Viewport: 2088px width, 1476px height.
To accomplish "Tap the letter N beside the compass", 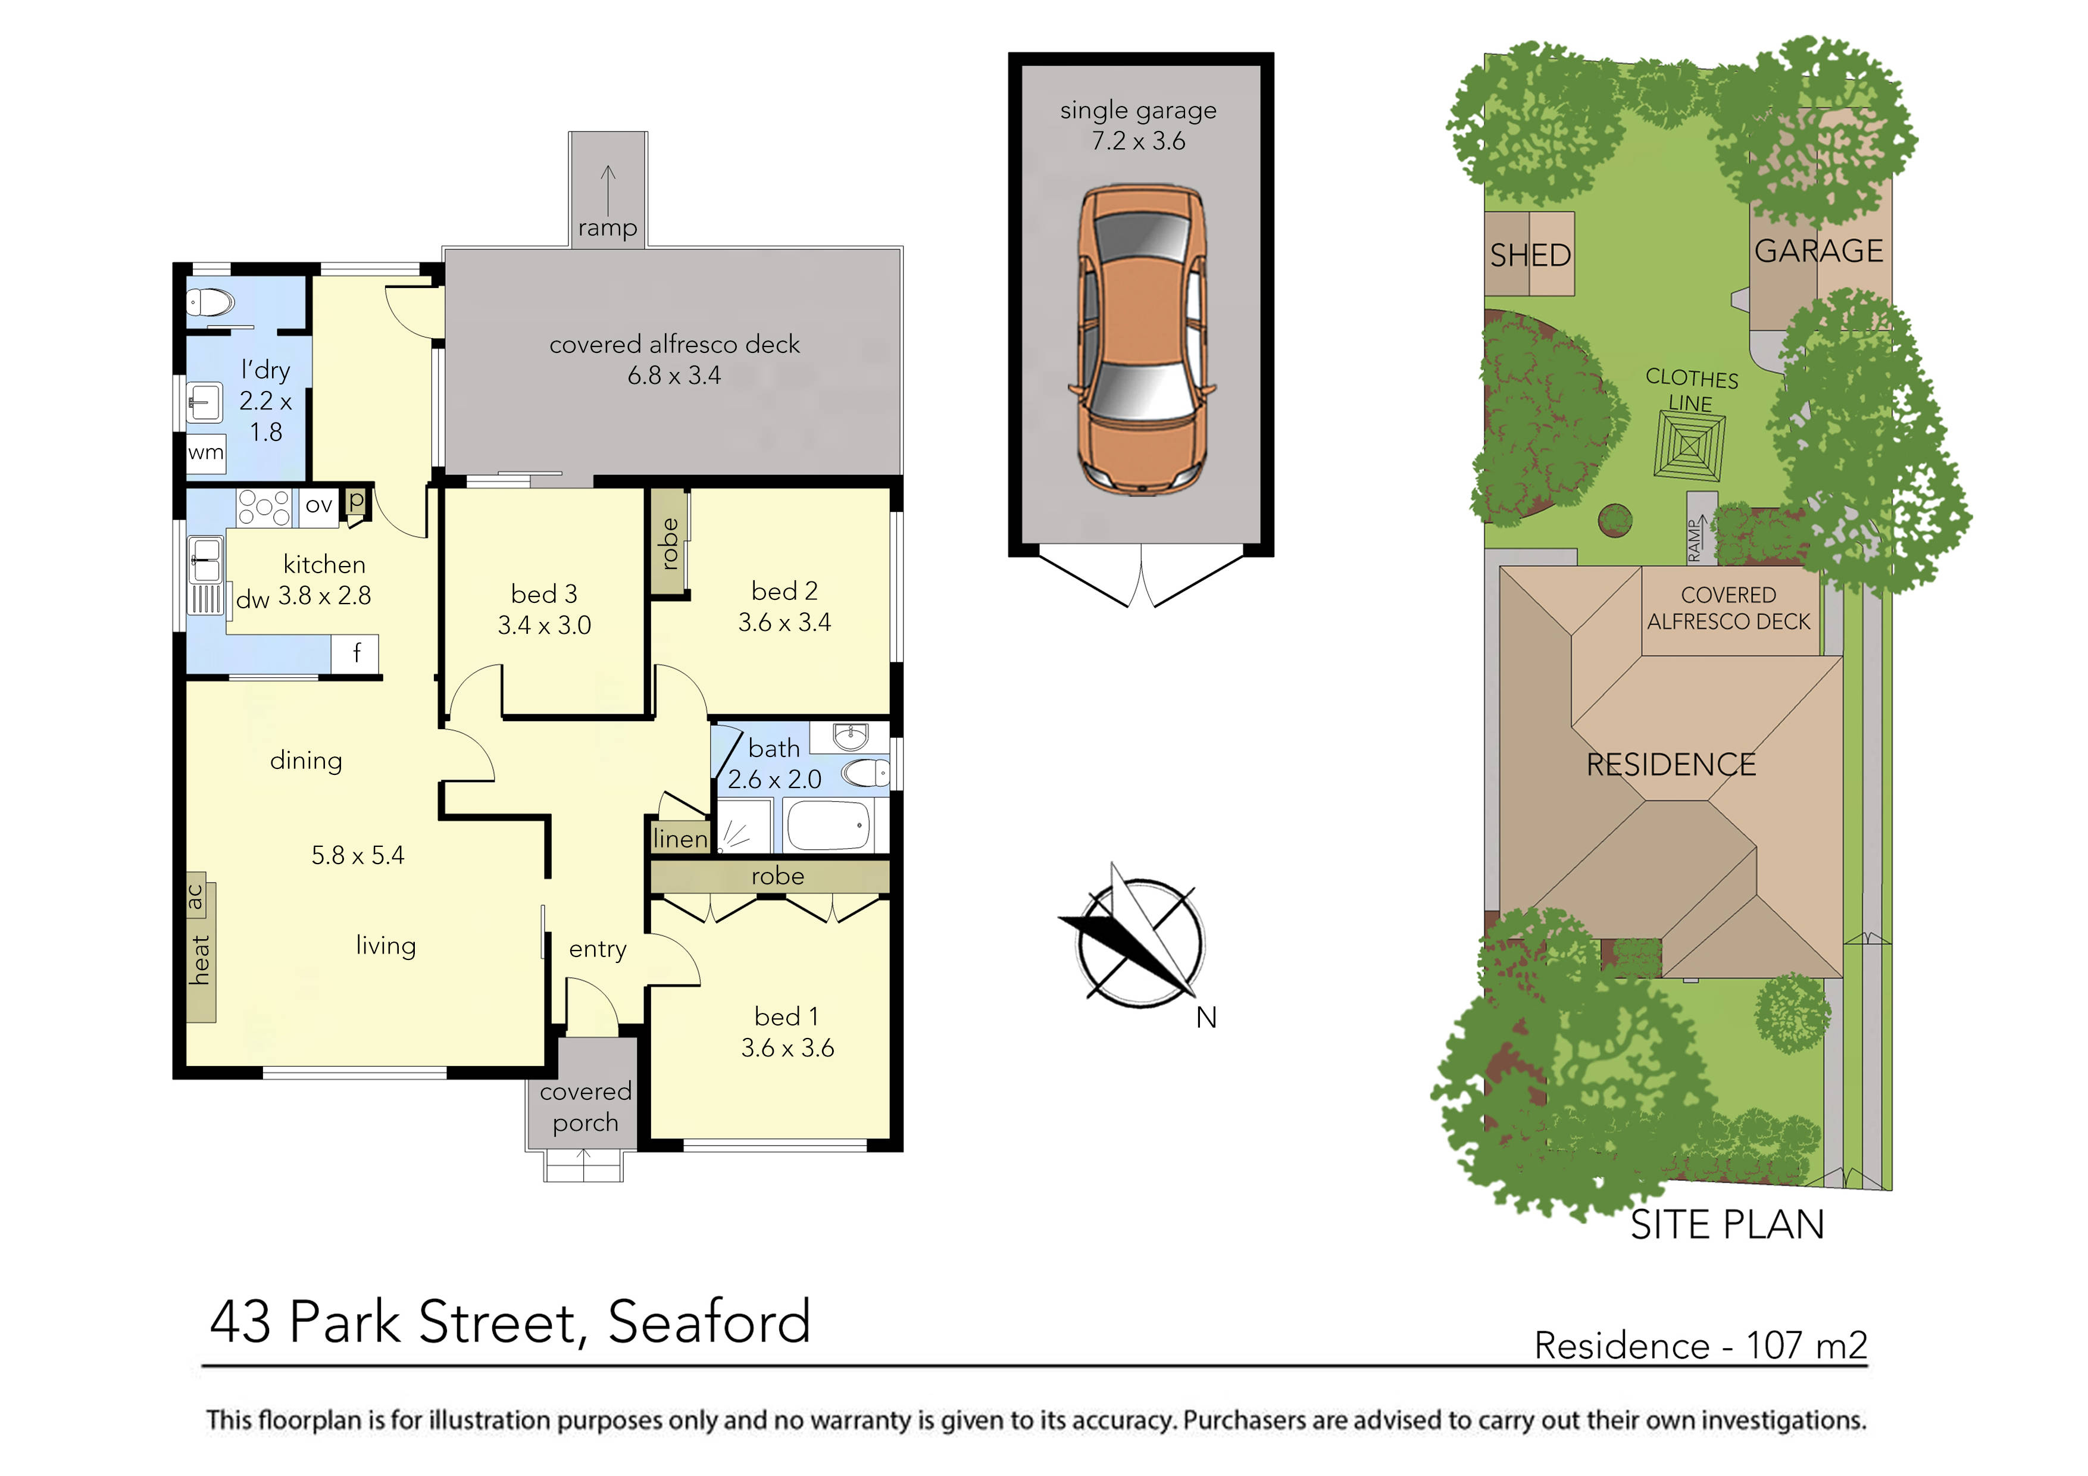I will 1206,1018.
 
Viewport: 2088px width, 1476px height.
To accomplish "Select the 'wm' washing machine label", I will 205,452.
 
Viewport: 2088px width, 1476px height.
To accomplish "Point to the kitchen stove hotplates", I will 264,508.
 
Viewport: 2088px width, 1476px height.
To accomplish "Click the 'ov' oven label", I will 318,506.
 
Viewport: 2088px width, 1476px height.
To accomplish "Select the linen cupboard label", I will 679,839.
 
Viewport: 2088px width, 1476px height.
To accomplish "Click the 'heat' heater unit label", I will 200,959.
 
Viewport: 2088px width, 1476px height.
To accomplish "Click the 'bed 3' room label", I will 544,594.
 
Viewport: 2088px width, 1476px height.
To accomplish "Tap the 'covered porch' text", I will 584,1107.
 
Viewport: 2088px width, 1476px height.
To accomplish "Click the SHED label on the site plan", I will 1530,255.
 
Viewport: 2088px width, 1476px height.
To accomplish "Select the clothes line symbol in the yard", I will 1689,446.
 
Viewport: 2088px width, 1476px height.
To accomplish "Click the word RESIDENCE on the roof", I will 1671,765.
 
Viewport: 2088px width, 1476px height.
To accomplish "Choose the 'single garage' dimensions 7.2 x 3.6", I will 1139,141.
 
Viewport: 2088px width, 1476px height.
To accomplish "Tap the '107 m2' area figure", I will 1806,1345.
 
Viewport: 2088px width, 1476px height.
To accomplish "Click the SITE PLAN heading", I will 1726,1225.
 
